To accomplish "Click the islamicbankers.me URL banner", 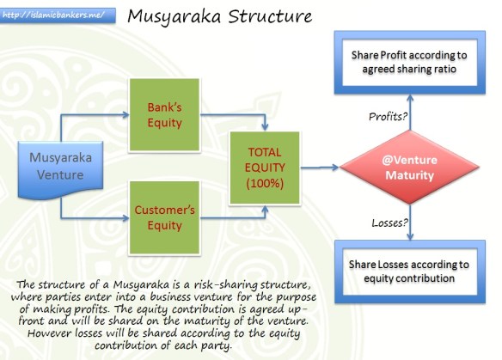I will coord(52,15).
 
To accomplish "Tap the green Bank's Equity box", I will coord(163,115).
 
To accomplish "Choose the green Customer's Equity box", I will coord(163,217).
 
